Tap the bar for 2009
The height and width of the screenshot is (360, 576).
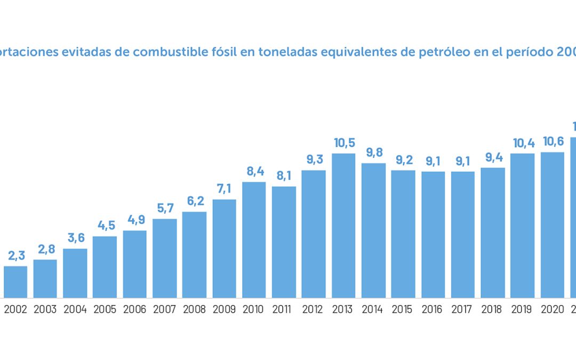click(225, 248)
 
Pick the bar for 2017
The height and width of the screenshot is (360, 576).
click(463, 234)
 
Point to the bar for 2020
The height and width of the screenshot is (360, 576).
click(552, 225)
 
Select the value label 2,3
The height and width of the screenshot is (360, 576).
click(15, 257)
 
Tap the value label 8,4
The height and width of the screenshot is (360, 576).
click(254, 172)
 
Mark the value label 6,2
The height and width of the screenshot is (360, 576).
click(194, 202)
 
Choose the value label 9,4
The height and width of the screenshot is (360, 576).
click(492, 158)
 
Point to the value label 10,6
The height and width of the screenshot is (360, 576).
click(552, 142)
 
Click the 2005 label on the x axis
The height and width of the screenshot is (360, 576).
click(105, 310)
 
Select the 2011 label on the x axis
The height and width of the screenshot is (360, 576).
click(284, 310)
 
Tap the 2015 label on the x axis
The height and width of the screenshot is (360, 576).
click(403, 310)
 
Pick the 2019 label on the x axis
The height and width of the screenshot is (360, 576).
click(522, 310)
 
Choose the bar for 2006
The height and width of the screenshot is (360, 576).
click(135, 264)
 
